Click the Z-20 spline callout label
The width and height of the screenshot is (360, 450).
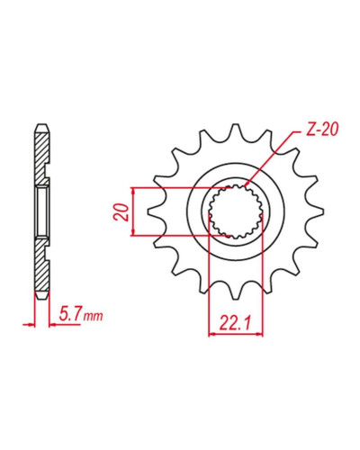[322, 130]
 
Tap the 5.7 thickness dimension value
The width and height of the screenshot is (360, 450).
[70, 315]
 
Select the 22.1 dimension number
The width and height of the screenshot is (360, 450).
[235, 322]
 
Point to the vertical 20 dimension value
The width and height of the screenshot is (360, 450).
[122, 211]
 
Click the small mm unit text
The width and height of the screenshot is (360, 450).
[94, 316]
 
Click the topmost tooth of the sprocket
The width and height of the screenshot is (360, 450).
[236, 130]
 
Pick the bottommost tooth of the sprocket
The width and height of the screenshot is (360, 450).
[236, 292]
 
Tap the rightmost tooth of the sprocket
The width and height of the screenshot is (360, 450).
[316, 211]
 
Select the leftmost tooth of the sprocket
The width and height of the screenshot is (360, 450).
[156, 211]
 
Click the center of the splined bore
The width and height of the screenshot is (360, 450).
[236, 211]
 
